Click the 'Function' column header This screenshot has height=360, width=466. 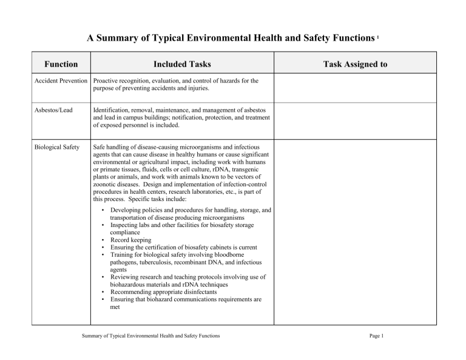[x=61, y=64]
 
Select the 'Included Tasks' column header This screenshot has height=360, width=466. [x=182, y=64]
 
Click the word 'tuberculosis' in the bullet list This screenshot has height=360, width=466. [x=157, y=263]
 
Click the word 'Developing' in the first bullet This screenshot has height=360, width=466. [x=127, y=209]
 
